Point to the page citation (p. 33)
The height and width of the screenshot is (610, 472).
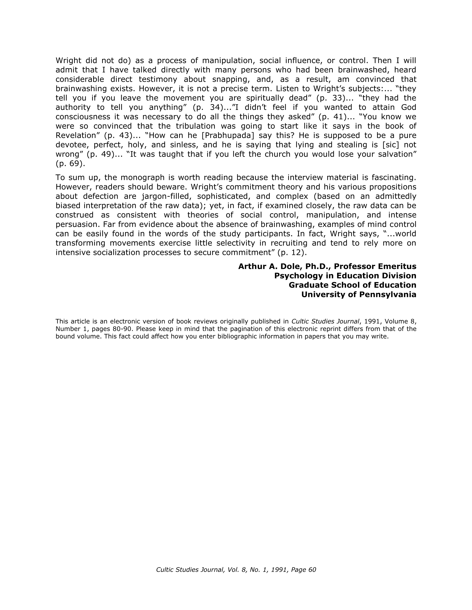pos(330,98)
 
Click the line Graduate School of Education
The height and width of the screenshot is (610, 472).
pos(352,285)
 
